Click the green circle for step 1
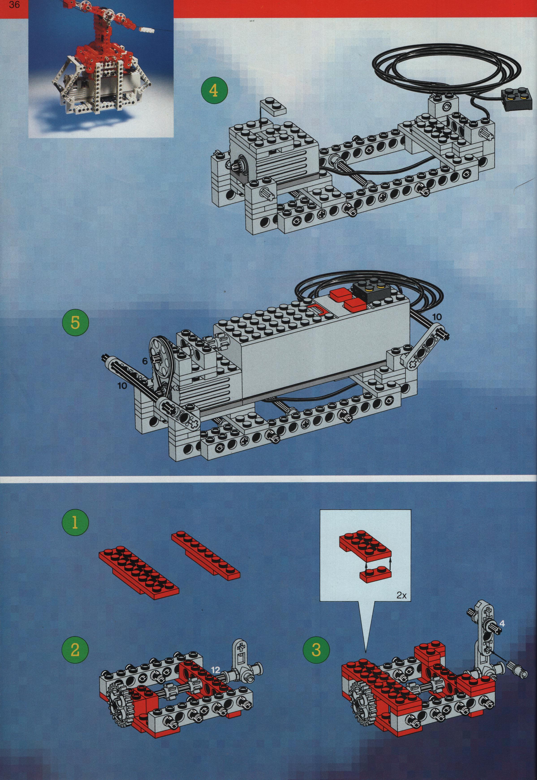coord(75,524)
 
